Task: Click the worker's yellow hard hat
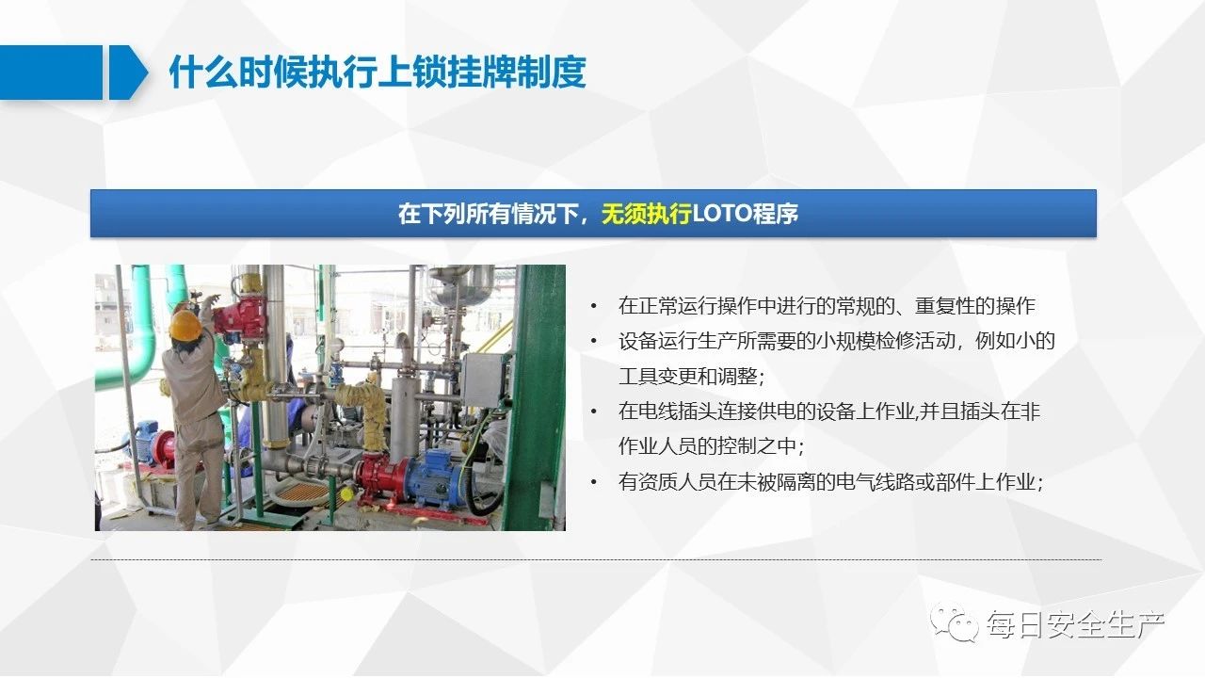pyautogui.click(x=185, y=325)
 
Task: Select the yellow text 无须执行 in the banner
pyautogui.click(x=646, y=214)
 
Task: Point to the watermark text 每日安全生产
pyautogui.click(x=1075, y=624)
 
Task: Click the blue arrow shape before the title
pyautogui.click(x=128, y=73)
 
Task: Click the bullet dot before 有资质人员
pyautogui.click(x=593, y=481)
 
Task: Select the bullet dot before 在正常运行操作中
pyautogui.click(x=593, y=306)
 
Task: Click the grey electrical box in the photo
pyautogui.click(x=483, y=379)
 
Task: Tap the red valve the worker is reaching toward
pyautogui.click(x=241, y=316)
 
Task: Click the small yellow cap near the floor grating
pyautogui.click(x=347, y=492)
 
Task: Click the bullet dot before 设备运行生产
pyautogui.click(x=593, y=341)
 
